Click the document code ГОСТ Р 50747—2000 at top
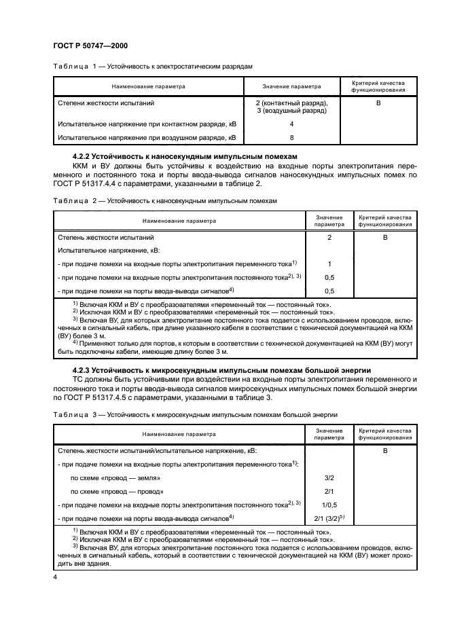coord(90,46)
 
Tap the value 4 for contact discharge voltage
coord(291,124)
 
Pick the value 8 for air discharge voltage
coord(291,138)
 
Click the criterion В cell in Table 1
coord(378,103)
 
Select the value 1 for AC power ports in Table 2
coord(329,264)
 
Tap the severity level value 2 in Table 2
coord(329,238)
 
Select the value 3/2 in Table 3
coord(329,477)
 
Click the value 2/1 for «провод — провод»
coord(329,491)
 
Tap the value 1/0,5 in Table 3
coord(329,504)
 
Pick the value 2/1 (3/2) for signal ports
coord(329,518)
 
